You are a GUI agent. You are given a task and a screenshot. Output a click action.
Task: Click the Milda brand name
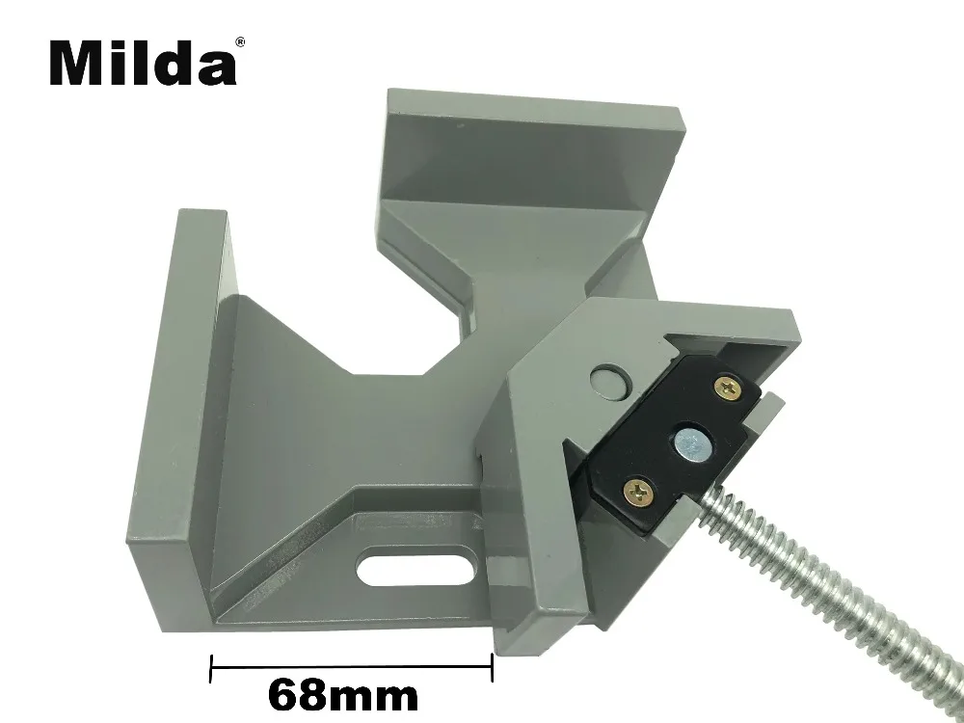[143, 62]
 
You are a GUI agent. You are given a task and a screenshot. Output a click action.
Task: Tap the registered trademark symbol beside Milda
[240, 41]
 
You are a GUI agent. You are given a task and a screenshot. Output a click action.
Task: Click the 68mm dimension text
[343, 695]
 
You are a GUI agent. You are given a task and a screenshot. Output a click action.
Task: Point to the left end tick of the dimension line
[211, 668]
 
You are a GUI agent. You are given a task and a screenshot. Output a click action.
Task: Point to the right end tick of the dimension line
[492, 667]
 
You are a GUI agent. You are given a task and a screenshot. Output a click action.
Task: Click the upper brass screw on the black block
[727, 389]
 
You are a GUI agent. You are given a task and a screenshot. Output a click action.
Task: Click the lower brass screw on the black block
[638, 492]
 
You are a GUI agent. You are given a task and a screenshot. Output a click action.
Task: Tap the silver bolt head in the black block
[690, 442]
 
